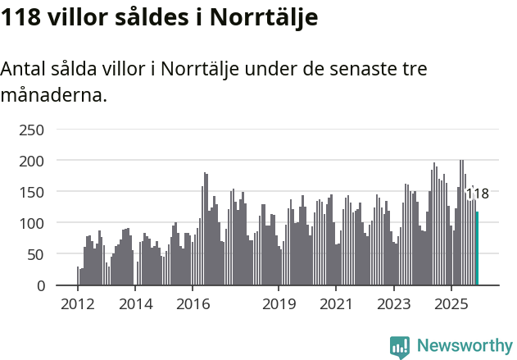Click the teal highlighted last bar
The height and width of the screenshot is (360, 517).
(x=478, y=248)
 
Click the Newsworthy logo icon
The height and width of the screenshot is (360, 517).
(x=400, y=346)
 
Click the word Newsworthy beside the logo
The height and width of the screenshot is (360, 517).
(x=464, y=346)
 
